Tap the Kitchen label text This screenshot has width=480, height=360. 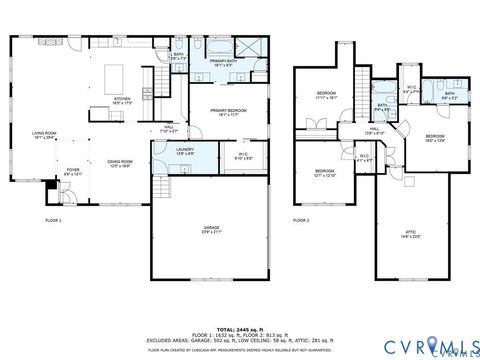click(122, 101)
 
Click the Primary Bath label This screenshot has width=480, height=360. click(223, 64)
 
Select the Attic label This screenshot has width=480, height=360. click(411, 233)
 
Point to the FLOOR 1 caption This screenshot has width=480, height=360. click(53, 219)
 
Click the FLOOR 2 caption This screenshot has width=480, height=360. click(301, 219)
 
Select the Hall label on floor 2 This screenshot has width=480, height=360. click(372, 130)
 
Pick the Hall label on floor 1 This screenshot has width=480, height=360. click(170, 129)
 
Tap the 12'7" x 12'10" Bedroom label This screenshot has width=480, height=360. click(325, 172)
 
